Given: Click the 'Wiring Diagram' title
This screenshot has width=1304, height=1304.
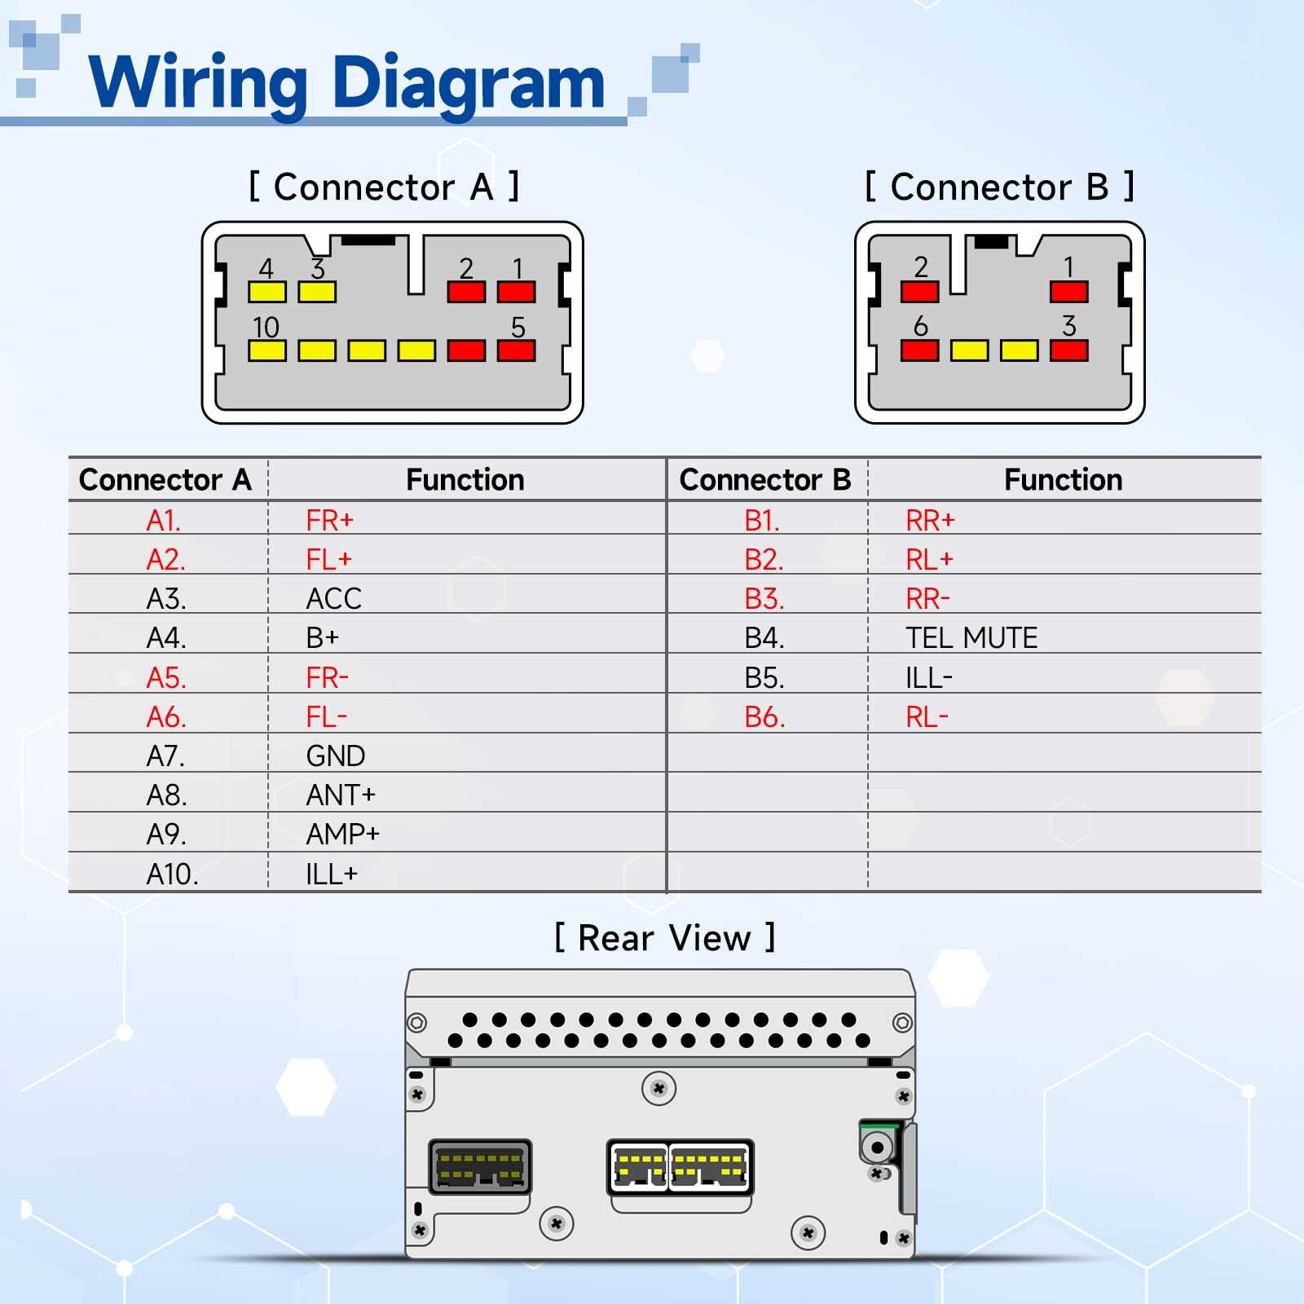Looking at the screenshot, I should pyautogui.click(x=346, y=82).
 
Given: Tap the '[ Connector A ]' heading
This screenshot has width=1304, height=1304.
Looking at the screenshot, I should pyautogui.click(x=384, y=187).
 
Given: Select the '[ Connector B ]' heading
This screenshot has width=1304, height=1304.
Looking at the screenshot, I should pyautogui.click(x=999, y=187).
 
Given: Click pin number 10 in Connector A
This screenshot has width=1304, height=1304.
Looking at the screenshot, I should pyautogui.click(x=266, y=328).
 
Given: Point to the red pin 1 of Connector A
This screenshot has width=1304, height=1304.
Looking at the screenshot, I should pyautogui.click(x=516, y=292).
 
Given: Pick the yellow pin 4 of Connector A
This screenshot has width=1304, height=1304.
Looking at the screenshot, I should pyautogui.click(x=267, y=292).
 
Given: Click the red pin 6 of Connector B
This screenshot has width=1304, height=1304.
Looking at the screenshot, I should pyautogui.click(x=919, y=350).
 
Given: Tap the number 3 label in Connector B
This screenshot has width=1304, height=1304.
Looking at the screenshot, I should pyautogui.click(x=1068, y=326).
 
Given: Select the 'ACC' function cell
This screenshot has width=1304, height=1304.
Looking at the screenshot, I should pyautogui.click(x=333, y=599).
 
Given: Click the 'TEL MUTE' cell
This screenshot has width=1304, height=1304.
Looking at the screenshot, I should pyautogui.click(x=971, y=638).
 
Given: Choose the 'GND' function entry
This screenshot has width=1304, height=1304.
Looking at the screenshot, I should pyautogui.click(x=335, y=756).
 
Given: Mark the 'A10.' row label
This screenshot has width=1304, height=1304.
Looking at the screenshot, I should pyautogui.click(x=172, y=874).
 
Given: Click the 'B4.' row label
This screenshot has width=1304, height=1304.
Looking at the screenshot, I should pyautogui.click(x=764, y=638).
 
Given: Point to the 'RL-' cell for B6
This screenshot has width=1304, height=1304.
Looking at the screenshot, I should pyautogui.click(x=927, y=717).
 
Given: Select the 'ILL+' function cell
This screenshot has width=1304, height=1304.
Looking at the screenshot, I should pyautogui.click(x=331, y=874).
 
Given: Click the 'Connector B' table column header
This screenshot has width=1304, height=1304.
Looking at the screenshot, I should pyautogui.click(x=764, y=480).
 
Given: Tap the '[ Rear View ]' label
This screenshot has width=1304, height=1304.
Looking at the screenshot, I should pyautogui.click(x=664, y=938).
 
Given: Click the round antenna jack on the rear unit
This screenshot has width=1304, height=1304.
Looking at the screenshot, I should pyautogui.click(x=877, y=1148).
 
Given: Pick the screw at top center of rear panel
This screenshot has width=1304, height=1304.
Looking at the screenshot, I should pyautogui.click(x=659, y=1088).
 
